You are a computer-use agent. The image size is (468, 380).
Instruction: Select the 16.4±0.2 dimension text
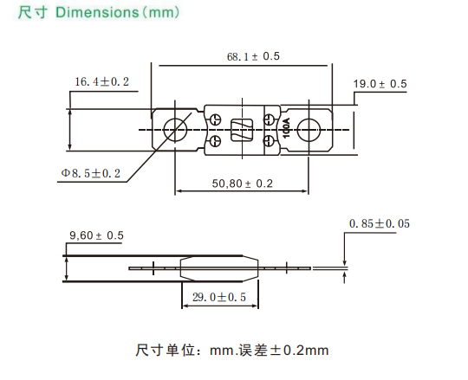(101, 81)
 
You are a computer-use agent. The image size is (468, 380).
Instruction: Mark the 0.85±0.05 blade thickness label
(380, 224)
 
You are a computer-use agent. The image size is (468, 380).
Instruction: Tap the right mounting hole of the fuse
(310, 129)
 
